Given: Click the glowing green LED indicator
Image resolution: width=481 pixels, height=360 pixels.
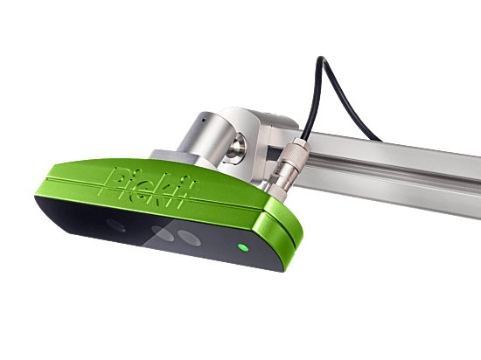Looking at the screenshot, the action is click(243, 247).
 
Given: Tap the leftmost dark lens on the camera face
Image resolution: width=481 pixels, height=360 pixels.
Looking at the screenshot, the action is click(116, 225).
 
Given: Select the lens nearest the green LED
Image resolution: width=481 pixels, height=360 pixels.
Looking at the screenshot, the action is click(189, 238).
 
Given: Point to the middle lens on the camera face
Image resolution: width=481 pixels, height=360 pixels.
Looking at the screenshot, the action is click(163, 232).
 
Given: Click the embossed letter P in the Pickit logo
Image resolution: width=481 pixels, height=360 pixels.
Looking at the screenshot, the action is click(115, 181).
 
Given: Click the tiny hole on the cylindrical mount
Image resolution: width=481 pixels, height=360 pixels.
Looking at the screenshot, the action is click(203, 120).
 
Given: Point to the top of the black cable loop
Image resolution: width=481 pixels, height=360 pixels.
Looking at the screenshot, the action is click(321, 58).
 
